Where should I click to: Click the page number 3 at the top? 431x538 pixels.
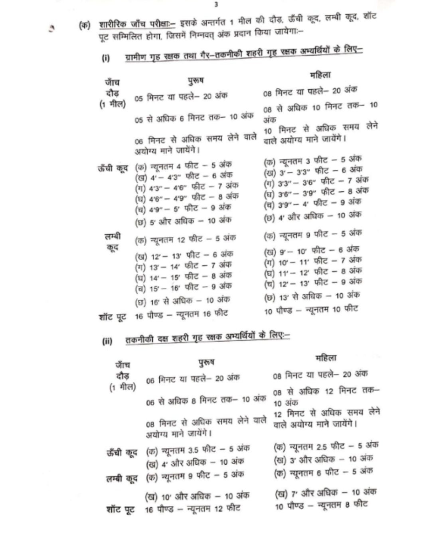(x=216, y=4)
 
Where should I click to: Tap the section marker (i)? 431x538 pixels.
(x=106, y=58)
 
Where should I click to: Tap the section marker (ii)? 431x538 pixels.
(x=107, y=341)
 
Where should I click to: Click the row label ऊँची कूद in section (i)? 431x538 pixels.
(x=113, y=168)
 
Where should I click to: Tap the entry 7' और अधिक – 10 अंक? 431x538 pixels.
(x=326, y=493)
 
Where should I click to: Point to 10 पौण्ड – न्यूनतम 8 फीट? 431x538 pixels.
(x=321, y=505)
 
